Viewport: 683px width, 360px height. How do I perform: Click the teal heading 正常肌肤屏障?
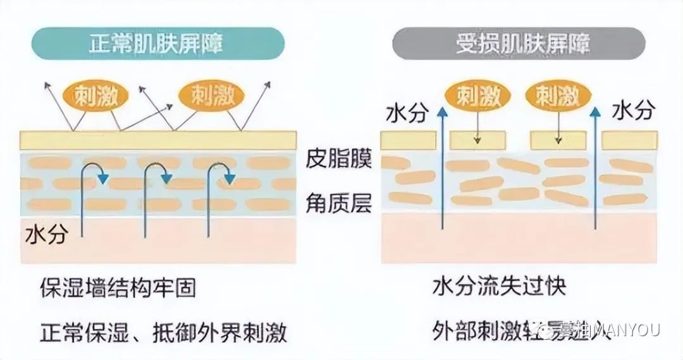tap(158, 45)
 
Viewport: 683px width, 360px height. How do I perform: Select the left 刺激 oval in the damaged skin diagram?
tap(477, 96)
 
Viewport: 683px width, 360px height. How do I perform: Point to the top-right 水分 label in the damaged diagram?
tap(632, 112)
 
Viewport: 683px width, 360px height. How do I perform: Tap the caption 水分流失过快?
tap(499, 288)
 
